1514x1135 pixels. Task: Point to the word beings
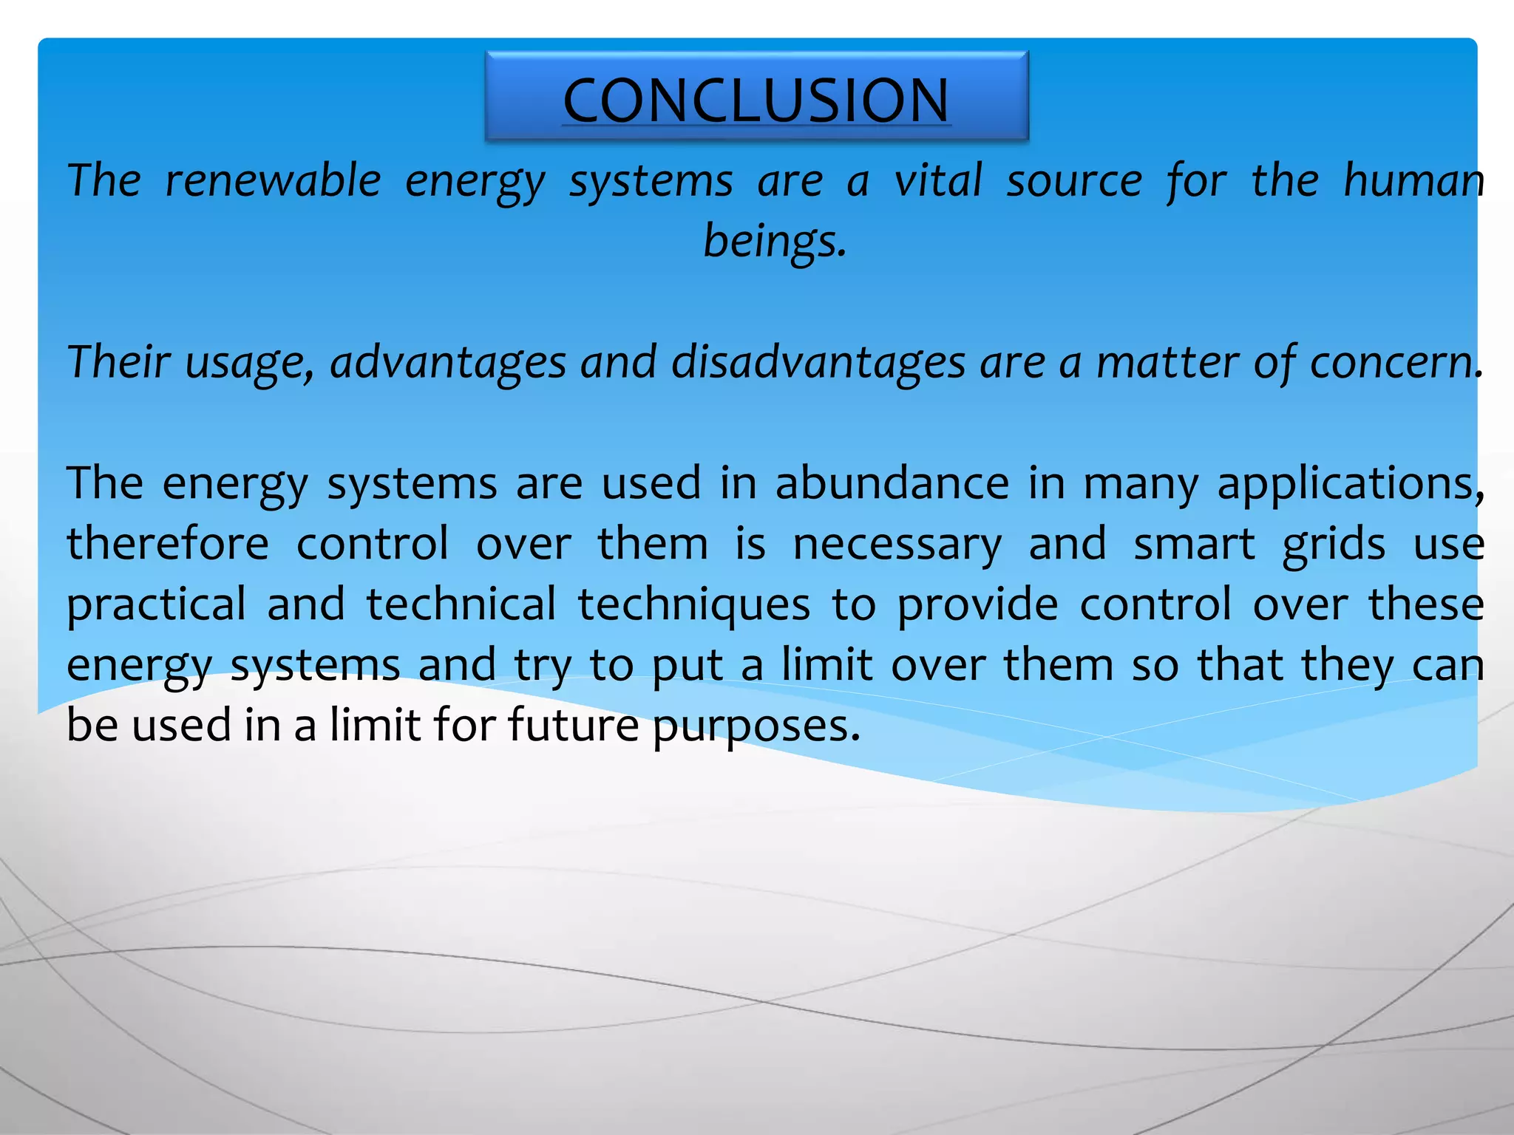pos(773,241)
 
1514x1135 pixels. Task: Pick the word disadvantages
pos(818,362)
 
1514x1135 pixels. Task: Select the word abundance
pos(892,483)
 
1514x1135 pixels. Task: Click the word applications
pos(1350,485)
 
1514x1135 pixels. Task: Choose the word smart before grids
pos(1194,544)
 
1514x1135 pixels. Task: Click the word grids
pos(1334,545)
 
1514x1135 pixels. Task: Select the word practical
pos(156,604)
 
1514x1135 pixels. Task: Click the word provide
pos(977,604)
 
